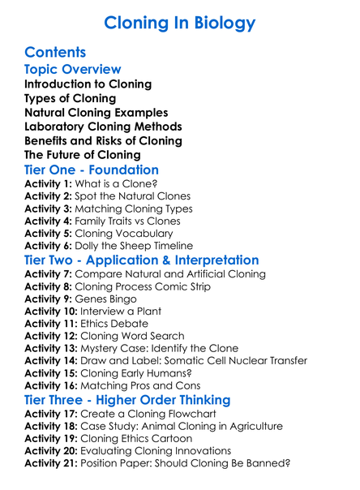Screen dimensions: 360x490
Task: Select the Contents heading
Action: coord(55,53)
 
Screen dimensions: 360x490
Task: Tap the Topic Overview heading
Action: coord(73,70)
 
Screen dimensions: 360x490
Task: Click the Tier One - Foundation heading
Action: coord(92,170)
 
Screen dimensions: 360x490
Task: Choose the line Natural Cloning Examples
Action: coord(96,112)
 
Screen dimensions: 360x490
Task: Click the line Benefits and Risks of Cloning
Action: coord(103,140)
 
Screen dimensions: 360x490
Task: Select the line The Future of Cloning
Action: coord(83,154)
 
